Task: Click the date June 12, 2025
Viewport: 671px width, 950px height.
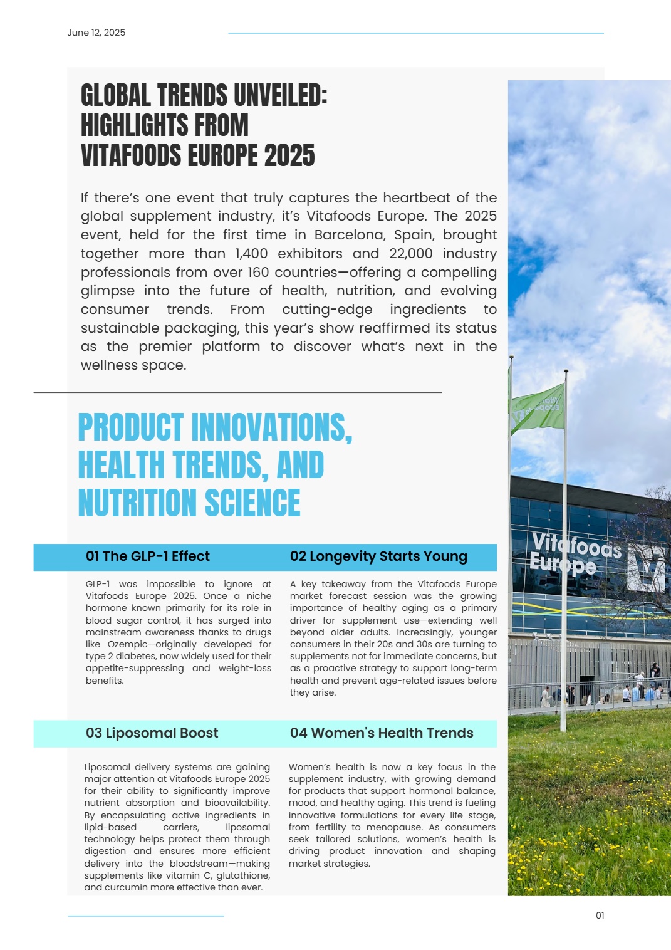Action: (96, 33)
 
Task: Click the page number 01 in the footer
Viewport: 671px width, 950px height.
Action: (600, 916)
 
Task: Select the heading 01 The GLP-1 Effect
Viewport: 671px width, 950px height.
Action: (148, 556)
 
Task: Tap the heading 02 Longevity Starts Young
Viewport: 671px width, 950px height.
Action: (378, 556)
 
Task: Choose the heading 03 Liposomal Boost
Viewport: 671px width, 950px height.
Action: (152, 733)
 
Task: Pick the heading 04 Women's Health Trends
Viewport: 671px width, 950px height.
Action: (382, 733)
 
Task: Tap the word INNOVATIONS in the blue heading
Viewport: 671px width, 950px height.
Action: (271, 428)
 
